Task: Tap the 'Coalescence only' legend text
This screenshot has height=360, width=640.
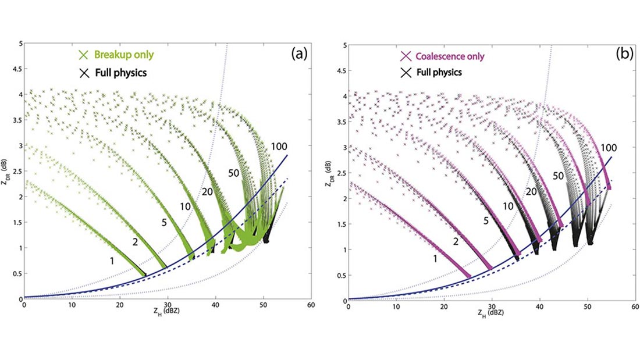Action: pos(450,56)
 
